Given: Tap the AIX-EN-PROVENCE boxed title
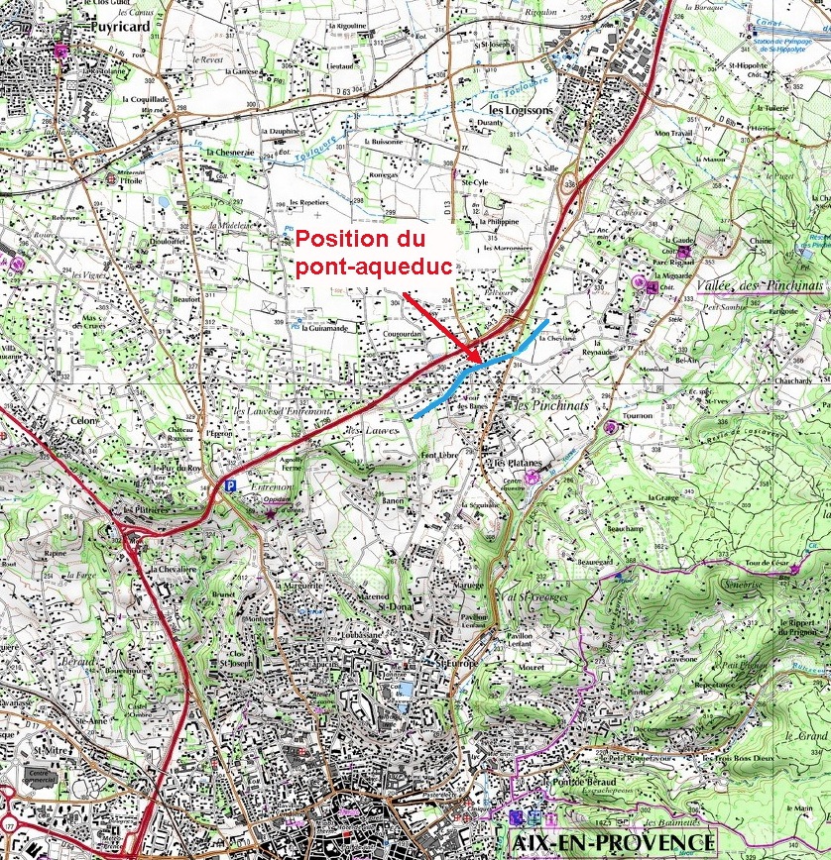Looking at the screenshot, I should point(611,841).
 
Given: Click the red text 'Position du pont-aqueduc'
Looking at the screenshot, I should point(361,253).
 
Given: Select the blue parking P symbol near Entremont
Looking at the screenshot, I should point(230,485).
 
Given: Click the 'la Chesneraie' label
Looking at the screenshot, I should point(229,153).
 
